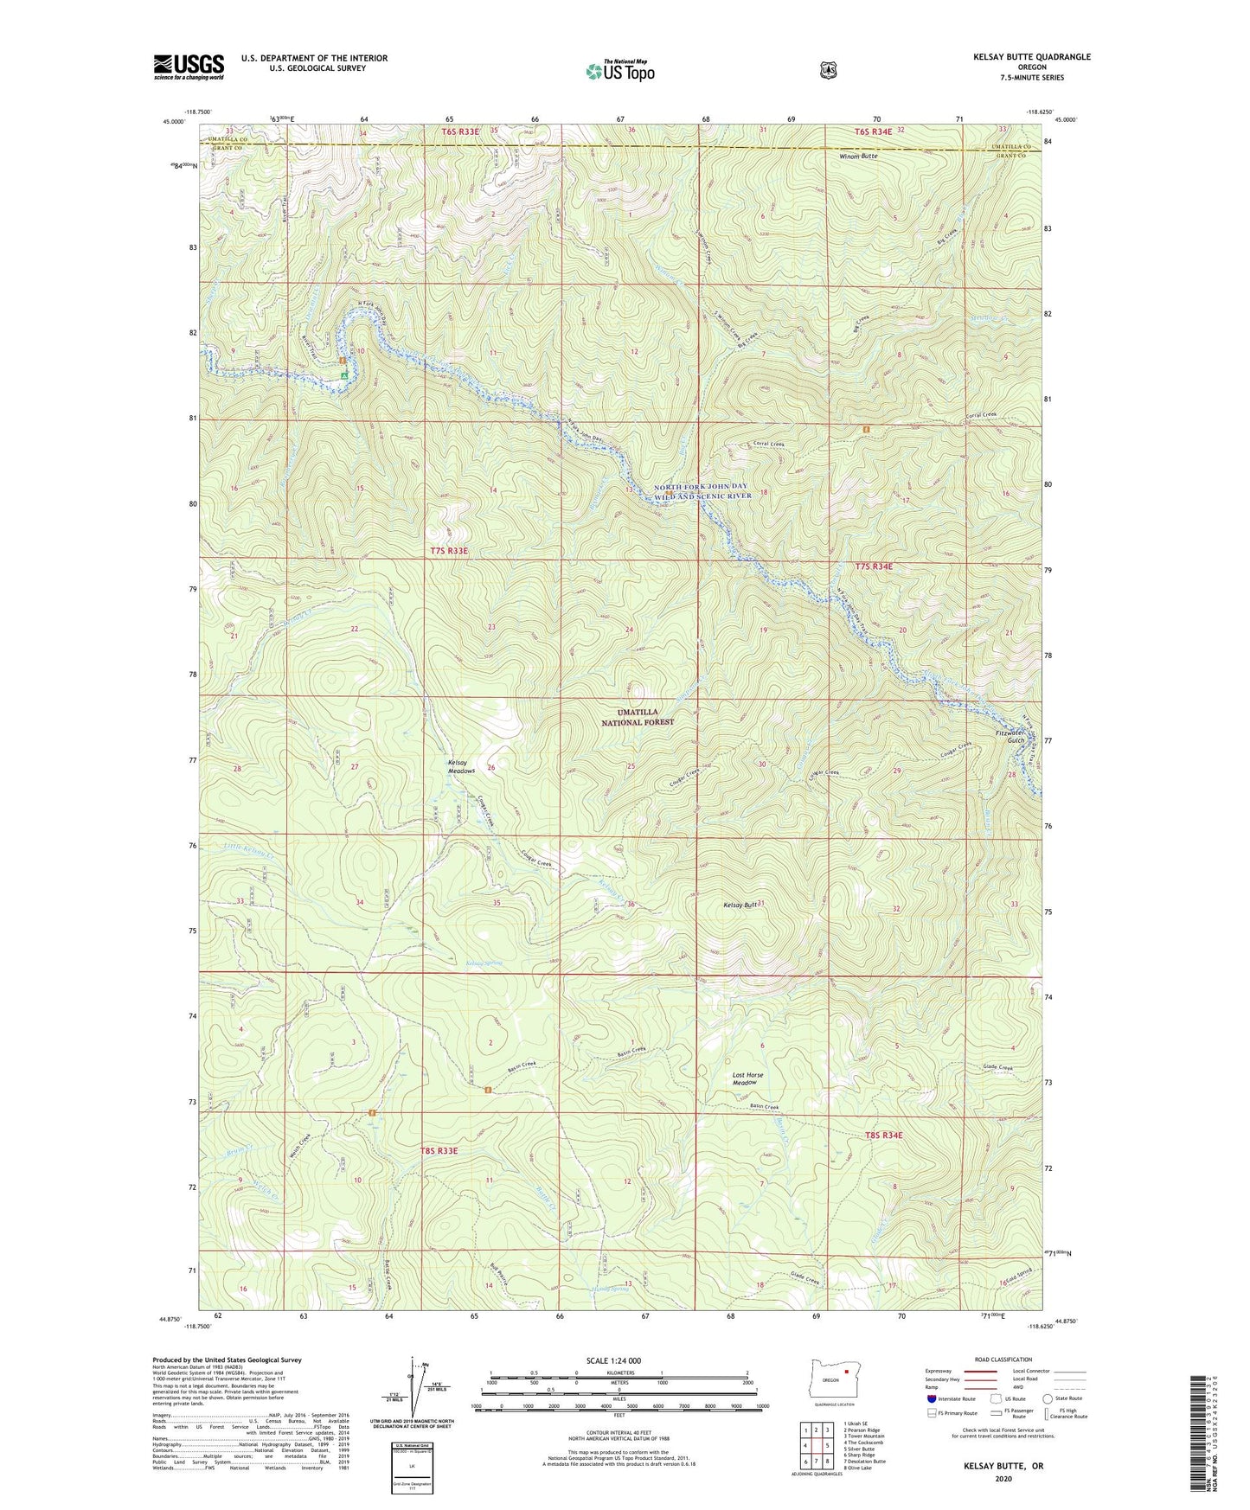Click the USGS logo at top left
coord(189,67)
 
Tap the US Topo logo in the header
coord(619,71)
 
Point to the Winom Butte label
coord(857,157)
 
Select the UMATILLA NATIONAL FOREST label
coord(638,716)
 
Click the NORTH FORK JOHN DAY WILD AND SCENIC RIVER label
coord(702,491)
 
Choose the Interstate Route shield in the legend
coord(931,1398)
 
